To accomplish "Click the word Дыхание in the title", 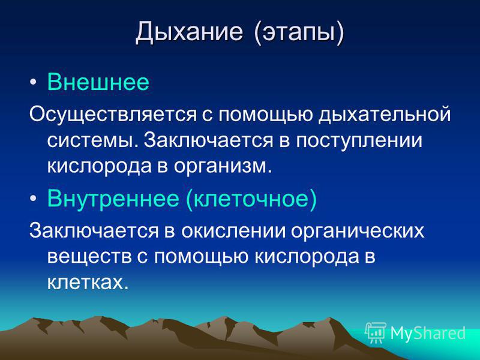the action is (189, 32).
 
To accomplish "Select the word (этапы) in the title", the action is (299, 33).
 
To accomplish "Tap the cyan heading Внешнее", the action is (98, 82).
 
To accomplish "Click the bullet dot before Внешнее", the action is (34, 82).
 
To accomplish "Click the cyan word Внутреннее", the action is (113, 199).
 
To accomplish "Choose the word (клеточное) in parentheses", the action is (251, 199).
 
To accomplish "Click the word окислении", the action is (233, 231).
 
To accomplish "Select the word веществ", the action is (89, 257).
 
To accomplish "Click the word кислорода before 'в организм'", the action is (100, 167).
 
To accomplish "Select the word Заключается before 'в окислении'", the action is (94, 230).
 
